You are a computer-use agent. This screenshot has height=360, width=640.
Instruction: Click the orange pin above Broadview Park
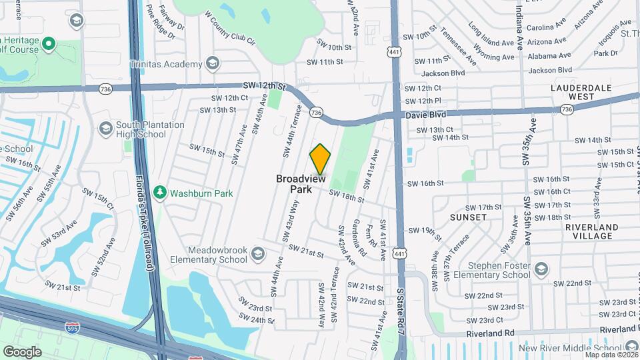click(x=320, y=159)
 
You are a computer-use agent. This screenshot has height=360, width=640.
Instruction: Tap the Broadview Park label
click(x=301, y=184)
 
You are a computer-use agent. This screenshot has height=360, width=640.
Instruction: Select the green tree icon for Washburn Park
click(x=159, y=193)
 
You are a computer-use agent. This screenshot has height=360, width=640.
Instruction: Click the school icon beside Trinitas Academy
click(x=213, y=64)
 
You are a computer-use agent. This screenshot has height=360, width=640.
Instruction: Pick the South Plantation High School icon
click(x=105, y=128)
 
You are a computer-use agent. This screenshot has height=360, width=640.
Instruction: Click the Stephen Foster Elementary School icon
click(x=541, y=269)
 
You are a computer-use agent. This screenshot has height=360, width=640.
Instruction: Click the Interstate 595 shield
click(x=72, y=327)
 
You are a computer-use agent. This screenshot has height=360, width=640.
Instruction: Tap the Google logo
click(x=23, y=351)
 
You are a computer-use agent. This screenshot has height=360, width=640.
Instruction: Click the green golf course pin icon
click(x=48, y=45)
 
